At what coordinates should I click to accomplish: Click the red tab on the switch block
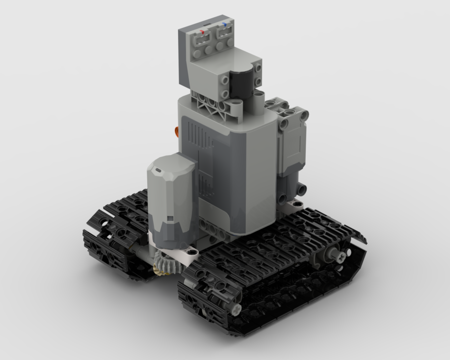(202, 31)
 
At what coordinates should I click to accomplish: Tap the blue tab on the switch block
(225, 24)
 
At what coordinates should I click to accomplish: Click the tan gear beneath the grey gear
(162, 268)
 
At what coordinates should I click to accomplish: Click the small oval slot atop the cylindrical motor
(158, 171)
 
